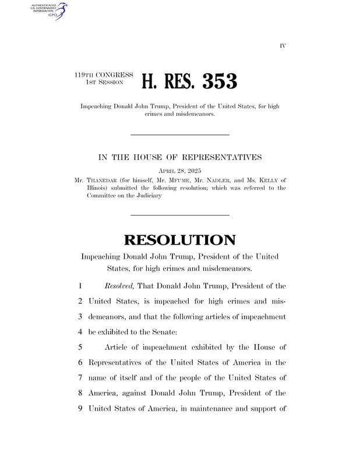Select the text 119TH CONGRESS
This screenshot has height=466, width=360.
pyautogui.click(x=104, y=75)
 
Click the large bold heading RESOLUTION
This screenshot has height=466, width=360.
pyautogui.click(x=180, y=239)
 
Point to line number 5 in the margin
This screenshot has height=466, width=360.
pyautogui.click(x=79, y=348)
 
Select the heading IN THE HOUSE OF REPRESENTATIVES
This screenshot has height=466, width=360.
pyautogui.click(x=180, y=157)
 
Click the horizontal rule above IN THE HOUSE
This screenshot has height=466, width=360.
pyautogui.click(x=180, y=135)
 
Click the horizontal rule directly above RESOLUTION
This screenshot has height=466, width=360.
pyautogui.click(x=180, y=216)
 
